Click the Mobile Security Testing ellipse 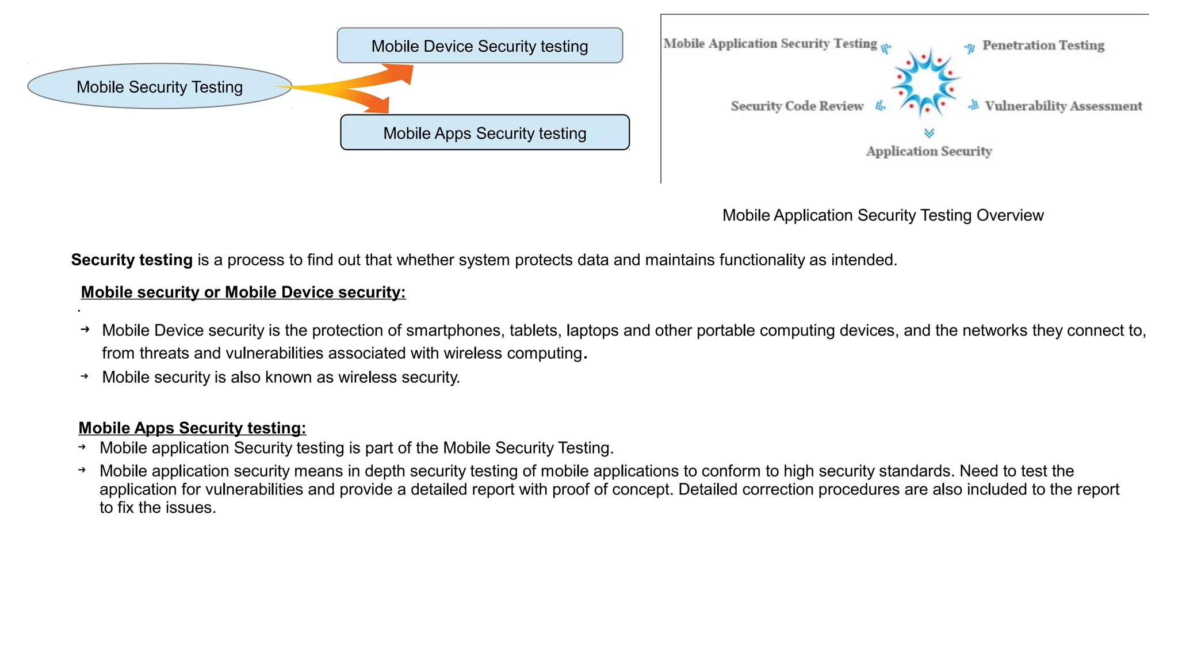(159, 86)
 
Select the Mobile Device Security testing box (479, 46)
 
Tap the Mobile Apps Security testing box (484, 133)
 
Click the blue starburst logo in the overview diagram (925, 82)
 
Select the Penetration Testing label (1043, 45)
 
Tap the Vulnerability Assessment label (1063, 106)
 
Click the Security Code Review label (797, 106)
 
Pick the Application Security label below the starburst (929, 151)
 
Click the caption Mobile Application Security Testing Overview (882, 215)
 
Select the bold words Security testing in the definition (132, 260)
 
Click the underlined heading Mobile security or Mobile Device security (243, 292)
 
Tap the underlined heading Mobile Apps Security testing (192, 428)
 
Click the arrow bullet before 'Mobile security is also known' (85, 376)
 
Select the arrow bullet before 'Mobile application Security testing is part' (82, 447)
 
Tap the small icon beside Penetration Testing (970, 48)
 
